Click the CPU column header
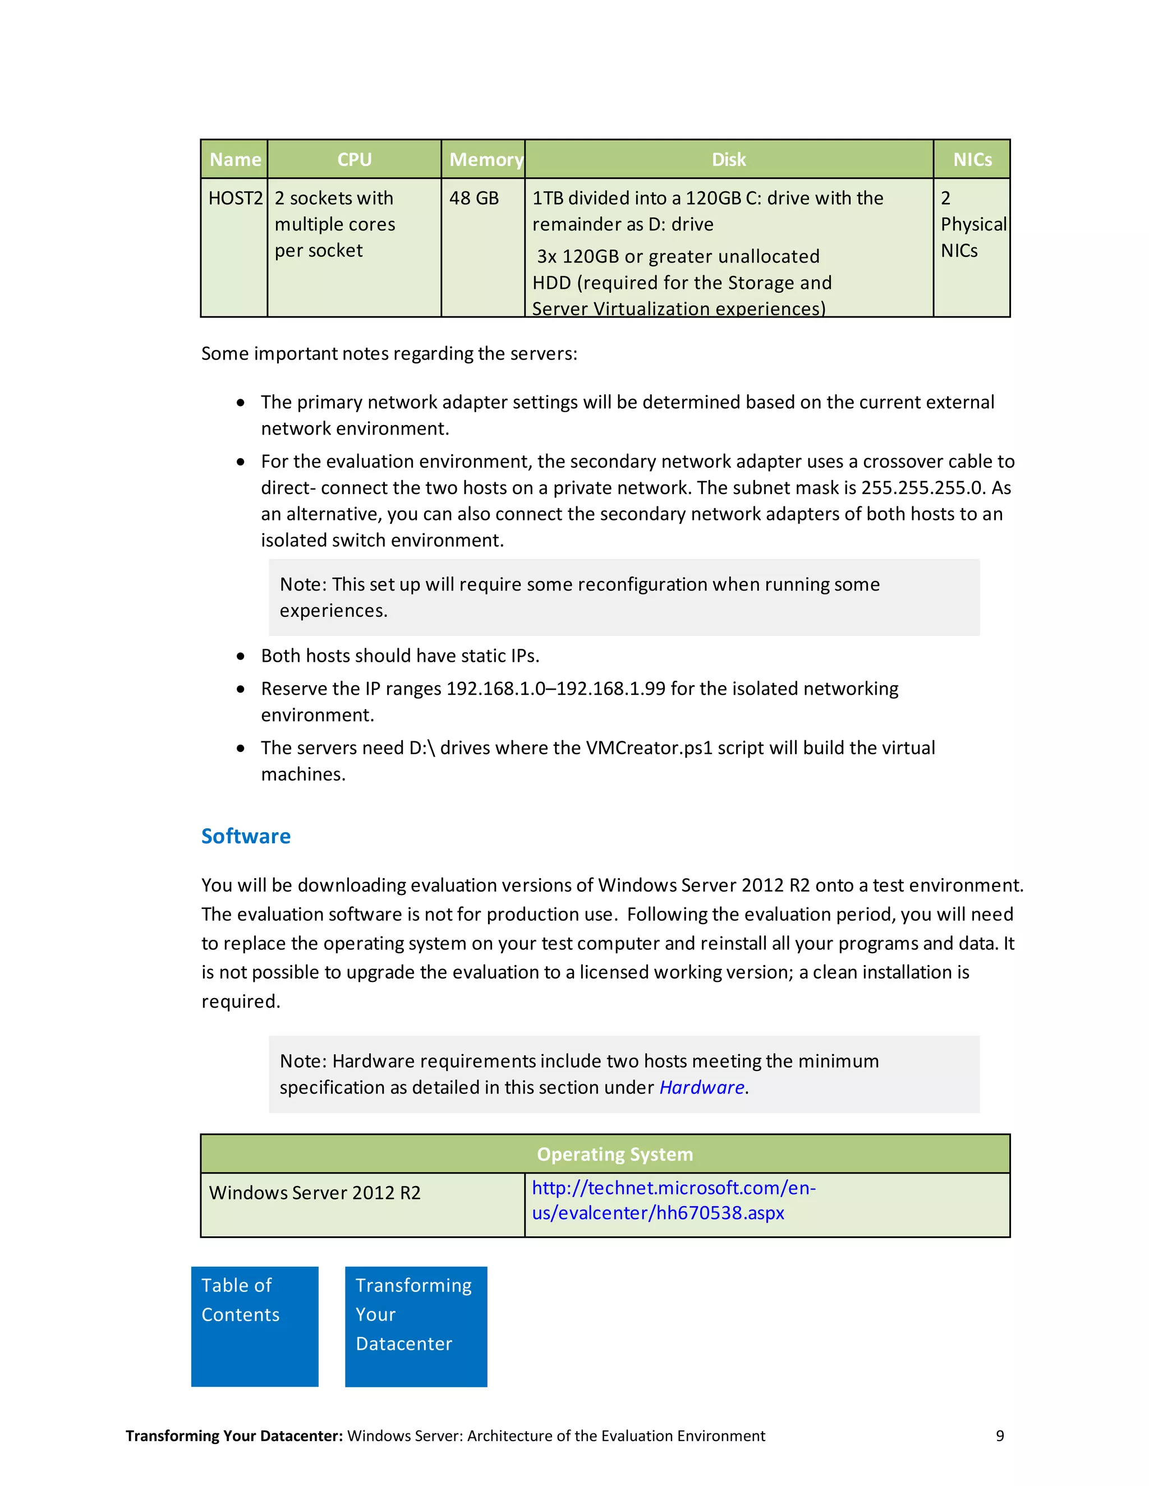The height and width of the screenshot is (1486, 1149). [354, 159]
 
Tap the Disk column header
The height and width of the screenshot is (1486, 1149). [728, 159]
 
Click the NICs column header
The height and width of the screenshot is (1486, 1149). [972, 159]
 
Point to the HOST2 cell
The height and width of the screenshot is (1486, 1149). [235, 198]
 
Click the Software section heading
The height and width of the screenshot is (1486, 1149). [246, 836]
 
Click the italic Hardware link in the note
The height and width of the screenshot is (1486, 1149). [701, 1087]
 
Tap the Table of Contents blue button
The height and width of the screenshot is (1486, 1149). [255, 1326]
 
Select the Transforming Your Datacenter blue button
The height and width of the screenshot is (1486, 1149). [416, 1326]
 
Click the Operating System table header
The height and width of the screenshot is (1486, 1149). [615, 1154]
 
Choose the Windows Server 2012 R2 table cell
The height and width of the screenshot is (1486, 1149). [315, 1193]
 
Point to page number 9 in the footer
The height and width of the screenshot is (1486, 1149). [1000, 1436]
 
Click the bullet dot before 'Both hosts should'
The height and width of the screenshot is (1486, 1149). [241, 656]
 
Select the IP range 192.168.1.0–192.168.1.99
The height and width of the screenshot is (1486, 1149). [555, 689]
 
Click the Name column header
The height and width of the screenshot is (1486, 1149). [235, 159]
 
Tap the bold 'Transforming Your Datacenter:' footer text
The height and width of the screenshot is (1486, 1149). [234, 1436]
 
